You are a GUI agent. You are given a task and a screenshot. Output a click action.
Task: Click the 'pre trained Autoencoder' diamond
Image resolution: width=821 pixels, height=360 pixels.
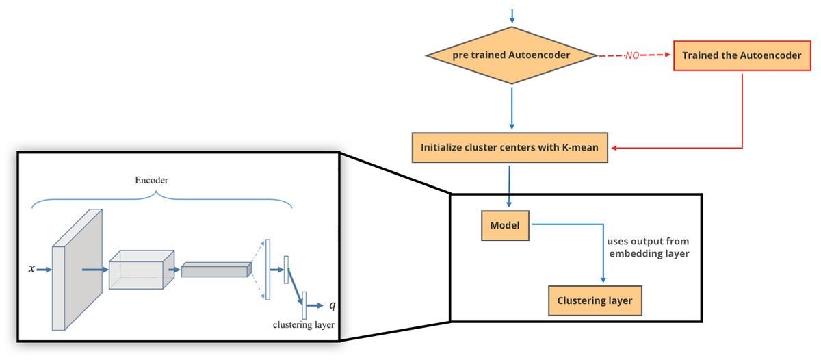(511, 55)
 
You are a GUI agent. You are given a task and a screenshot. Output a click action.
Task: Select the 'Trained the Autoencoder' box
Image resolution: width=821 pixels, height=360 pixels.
(742, 55)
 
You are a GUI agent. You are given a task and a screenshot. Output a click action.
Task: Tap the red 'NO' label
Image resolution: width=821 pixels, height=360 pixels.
(631, 56)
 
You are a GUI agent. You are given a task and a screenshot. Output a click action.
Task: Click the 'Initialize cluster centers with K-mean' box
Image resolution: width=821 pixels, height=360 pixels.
(510, 147)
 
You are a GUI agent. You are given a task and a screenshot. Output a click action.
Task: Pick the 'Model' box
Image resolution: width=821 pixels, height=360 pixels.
(505, 225)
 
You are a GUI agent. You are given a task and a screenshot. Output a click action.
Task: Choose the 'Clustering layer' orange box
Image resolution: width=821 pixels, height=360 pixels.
(595, 300)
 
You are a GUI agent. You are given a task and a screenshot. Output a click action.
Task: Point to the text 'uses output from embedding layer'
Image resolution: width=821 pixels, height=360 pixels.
(647, 248)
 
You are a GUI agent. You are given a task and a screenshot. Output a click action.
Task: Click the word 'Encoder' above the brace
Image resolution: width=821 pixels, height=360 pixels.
(151, 180)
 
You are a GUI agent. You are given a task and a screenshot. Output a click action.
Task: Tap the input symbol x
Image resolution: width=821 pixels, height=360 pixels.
(31, 270)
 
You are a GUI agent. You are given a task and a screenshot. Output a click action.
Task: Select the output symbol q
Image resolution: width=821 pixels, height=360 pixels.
(333, 303)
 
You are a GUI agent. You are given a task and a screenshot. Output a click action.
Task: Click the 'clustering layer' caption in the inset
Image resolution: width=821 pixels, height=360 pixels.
(303, 325)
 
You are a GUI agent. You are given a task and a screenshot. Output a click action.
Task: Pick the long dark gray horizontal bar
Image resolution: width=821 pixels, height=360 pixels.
(214, 270)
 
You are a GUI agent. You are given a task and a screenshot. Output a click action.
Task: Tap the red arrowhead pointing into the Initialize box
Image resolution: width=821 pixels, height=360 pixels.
(614, 147)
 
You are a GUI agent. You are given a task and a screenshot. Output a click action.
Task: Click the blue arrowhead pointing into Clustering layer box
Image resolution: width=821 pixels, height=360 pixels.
(603, 281)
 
